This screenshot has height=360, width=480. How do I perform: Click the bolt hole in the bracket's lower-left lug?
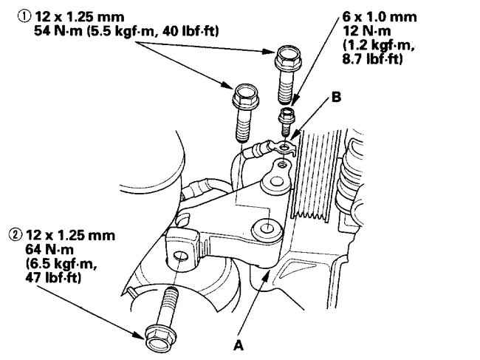(x=179, y=258)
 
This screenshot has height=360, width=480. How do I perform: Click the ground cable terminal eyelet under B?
(x=287, y=149)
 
